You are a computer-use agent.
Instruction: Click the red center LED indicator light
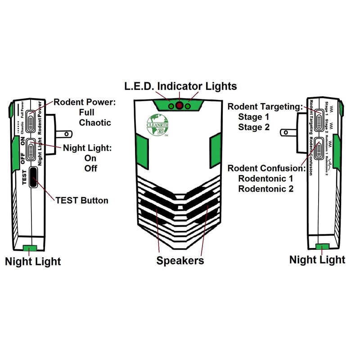pyautogui.click(x=179, y=106)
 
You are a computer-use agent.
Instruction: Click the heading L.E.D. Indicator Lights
pyautogui.click(x=180, y=86)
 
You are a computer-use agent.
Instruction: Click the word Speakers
pyautogui.click(x=180, y=261)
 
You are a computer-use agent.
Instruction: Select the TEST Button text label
pyautogui.click(x=81, y=200)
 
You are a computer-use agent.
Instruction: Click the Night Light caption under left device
pyautogui.click(x=33, y=261)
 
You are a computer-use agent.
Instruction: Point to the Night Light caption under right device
pyautogui.click(x=317, y=260)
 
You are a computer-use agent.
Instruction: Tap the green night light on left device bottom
pyautogui.click(x=31, y=247)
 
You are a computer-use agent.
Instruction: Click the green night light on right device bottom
pyautogui.click(x=322, y=246)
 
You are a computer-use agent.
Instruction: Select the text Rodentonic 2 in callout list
pyautogui.click(x=265, y=189)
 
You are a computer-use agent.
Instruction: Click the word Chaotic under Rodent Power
pyautogui.click(x=95, y=122)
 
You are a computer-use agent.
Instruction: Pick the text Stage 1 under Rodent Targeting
pyautogui.click(x=254, y=117)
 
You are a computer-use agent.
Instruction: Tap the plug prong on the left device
pyautogui.click(x=63, y=134)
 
